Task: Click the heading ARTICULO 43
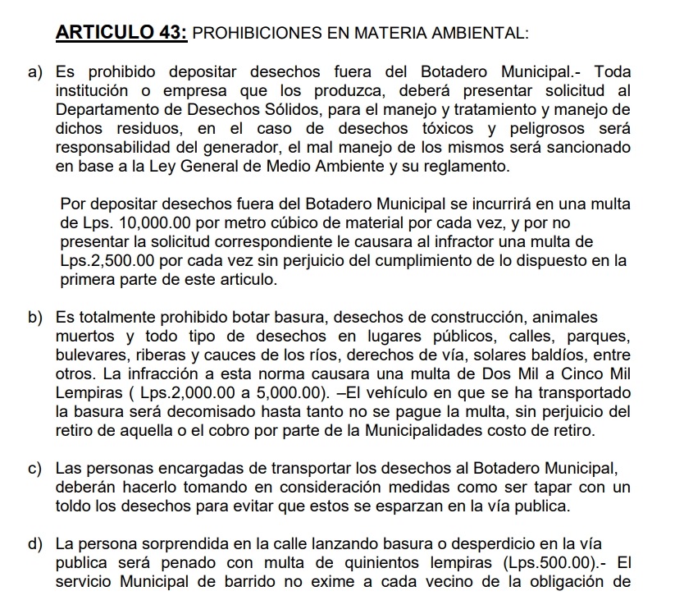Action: click(122, 34)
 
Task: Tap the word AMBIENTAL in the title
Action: click(483, 34)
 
